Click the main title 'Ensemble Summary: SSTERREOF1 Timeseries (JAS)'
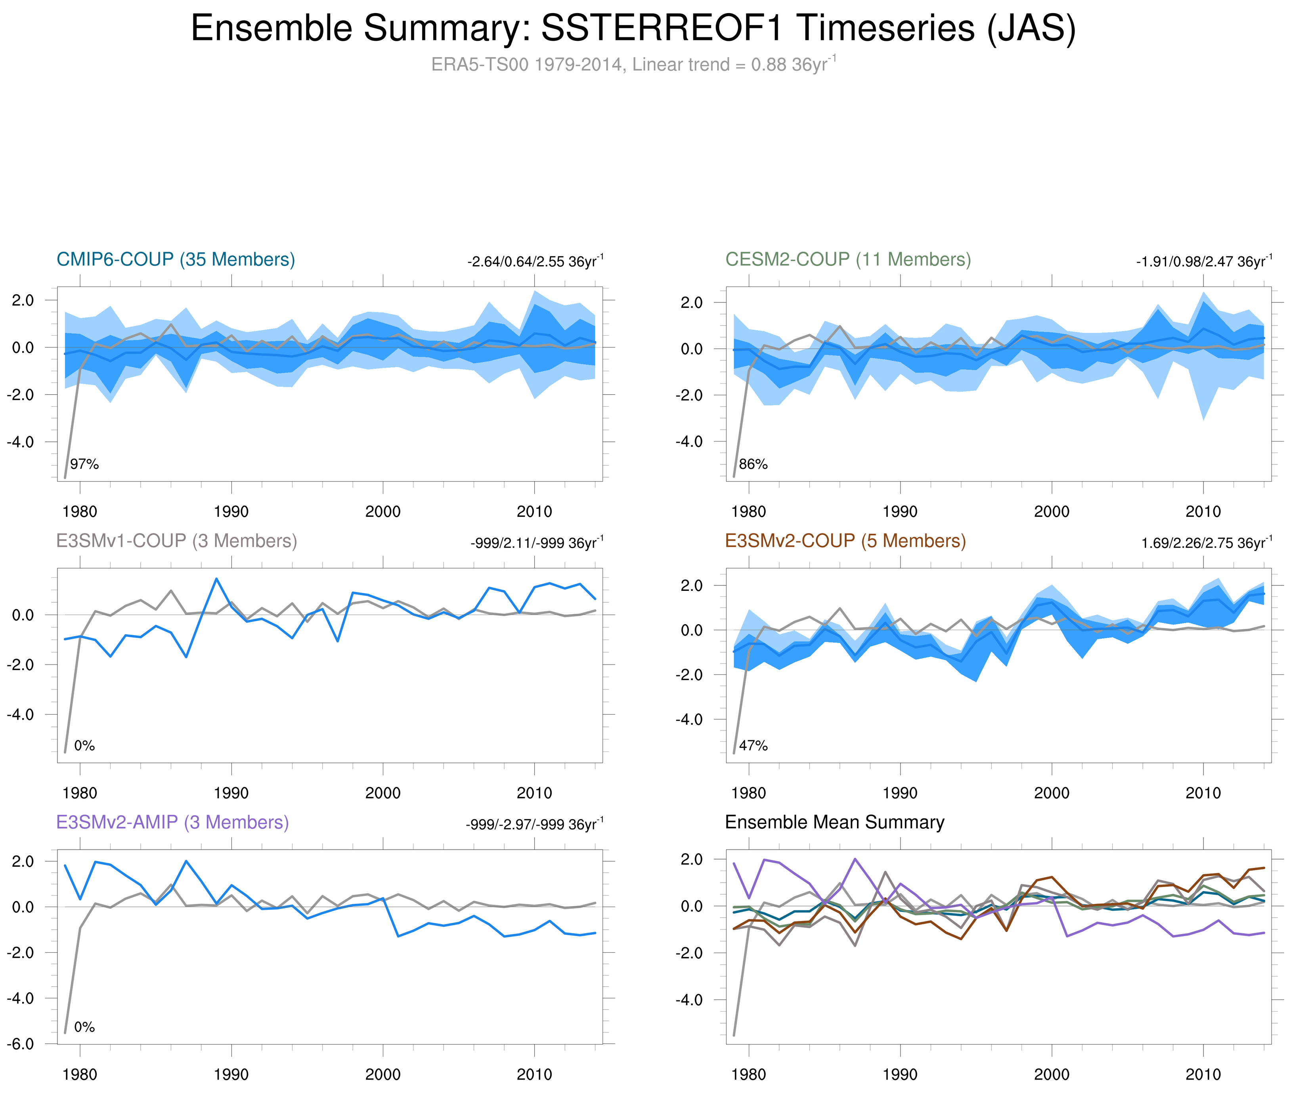pyautogui.click(x=632, y=29)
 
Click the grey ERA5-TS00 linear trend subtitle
pyautogui.click(x=632, y=65)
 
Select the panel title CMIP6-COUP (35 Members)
pyautogui.click(x=176, y=259)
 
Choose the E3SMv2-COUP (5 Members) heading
pyautogui.click(x=845, y=541)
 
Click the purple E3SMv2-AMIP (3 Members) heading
pyautogui.click(x=172, y=822)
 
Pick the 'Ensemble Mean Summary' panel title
pyautogui.click(x=834, y=822)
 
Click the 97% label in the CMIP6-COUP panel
pyautogui.click(x=84, y=464)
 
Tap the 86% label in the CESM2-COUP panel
pyautogui.click(x=753, y=464)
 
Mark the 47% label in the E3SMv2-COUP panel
pyautogui.click(x=753, y=745)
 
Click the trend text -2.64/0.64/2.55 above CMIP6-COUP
pyautogui.click(x=535, y=262)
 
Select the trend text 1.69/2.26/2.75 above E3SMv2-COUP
pyautogui.click(x=1206, y=543)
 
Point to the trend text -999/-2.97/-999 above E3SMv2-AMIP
pyautogui.click(x=534, y=825)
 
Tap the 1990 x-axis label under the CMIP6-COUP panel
pyautogui.click(x=231, y=512)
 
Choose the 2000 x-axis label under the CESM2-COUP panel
pyautogui.click(x=1051, y=512)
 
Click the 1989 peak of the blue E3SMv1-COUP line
pyautogui.click(x=216, y=579)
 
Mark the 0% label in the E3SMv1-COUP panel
pyautogui.click(x=84, y=745)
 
